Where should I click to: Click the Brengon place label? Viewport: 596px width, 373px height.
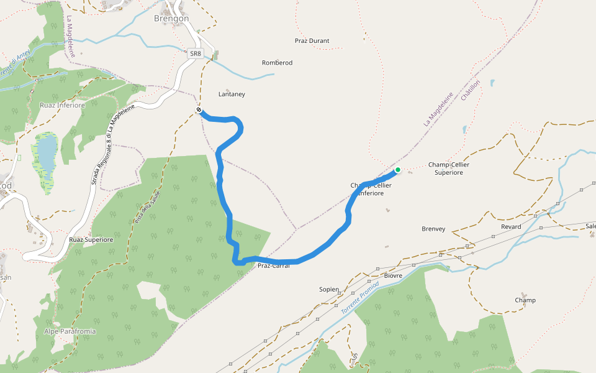(171, 19)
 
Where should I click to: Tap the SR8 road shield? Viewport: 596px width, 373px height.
(196, 53)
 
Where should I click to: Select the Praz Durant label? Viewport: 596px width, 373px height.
(312, 41)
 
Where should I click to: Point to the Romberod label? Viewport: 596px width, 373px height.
(277, 63)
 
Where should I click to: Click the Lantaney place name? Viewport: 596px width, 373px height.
(232, 94)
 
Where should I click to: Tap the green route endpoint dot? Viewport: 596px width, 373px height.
(397, 170)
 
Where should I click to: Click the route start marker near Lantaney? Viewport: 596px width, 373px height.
(199, 110)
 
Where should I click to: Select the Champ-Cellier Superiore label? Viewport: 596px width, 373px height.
(449, 168)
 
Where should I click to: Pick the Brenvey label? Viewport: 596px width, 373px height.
(433, 229)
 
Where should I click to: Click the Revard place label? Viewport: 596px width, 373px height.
(511, 227)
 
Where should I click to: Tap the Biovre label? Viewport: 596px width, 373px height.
(393, 275)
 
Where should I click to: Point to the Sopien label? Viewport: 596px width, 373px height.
(329, 289)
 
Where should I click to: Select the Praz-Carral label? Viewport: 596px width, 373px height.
(274, 266)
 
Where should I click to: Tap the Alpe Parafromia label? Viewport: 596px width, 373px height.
(70, 331)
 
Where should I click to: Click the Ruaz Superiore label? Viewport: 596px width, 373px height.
(91, 239)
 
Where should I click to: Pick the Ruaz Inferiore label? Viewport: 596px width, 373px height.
(62, 105)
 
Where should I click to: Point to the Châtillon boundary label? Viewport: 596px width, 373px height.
(471, 90)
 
